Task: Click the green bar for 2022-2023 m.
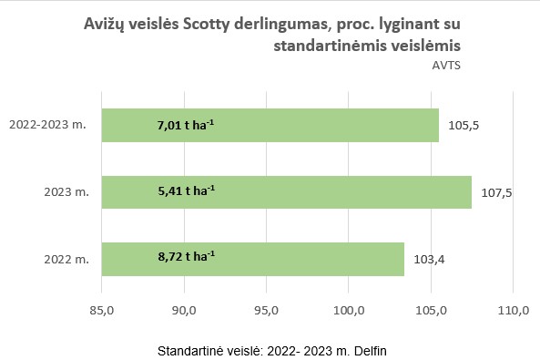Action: (x=270, y=126)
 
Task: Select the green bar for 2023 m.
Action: (x=286, y=192)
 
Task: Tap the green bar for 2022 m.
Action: (x=252, y=259)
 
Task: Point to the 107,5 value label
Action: (x=494, y=192)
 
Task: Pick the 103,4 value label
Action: (x=427, y=259)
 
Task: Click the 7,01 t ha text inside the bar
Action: (x=186, y=126)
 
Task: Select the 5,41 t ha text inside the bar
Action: (x=186, y=192)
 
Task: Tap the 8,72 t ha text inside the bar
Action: (x=186, y=259)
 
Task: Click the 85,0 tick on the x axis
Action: (x=101, y=311)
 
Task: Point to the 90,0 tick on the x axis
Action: (x=184, y=311)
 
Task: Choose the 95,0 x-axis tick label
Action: (x=266, y=311)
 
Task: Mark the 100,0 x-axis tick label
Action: (x=349, y=311)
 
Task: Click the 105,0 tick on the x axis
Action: (x=431, y=311)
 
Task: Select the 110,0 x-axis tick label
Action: (x=514, y=311)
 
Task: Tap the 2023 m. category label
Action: (x=66, y=192)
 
